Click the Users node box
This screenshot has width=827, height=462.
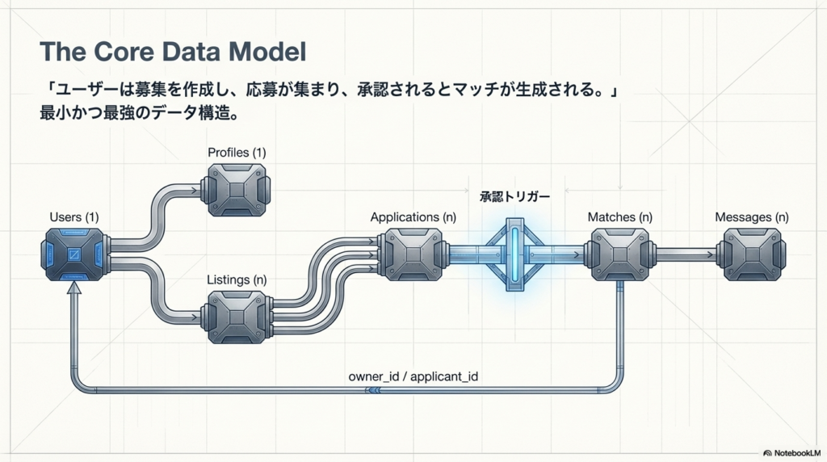coord(73,254)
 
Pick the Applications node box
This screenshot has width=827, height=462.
coord(411,254)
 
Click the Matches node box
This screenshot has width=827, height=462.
coord(620,254)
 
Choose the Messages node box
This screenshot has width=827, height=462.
coord(751,254)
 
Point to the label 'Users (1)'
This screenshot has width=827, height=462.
coord(73,216)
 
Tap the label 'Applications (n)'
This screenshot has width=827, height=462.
coord(411,216)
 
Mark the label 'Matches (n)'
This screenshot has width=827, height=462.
coord(619,216)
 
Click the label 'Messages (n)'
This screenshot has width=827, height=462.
coord(751,216)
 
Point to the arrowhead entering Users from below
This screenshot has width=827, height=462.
coord(74,296)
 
